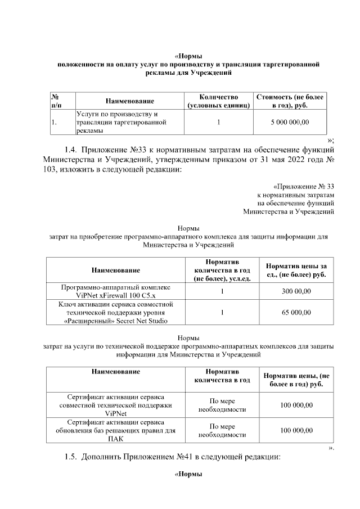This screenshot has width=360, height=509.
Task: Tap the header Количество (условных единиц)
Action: click(x=218, y=101)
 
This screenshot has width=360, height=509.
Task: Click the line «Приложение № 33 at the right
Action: click(x=303, y=186)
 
